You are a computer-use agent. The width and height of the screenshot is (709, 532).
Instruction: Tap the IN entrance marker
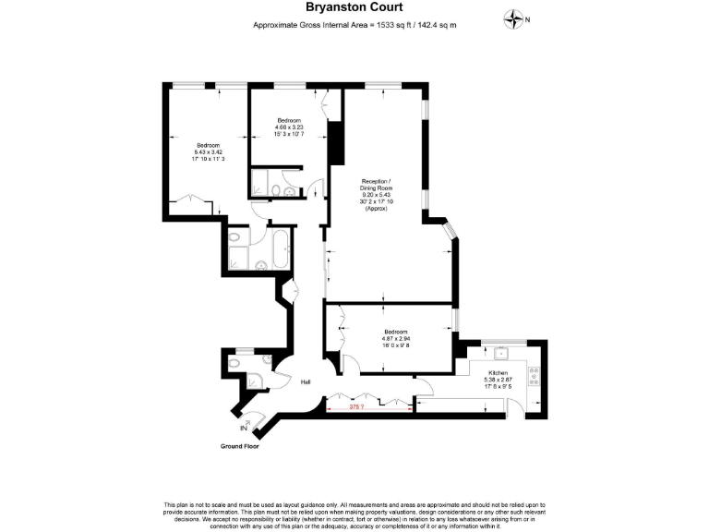pyautogui.click(x=244, y=429)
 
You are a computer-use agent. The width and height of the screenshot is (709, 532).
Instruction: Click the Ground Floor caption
pyautogui.click(x=239, y=446)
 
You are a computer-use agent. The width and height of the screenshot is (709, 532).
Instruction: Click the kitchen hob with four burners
pyautogui.click(x=533, y=375)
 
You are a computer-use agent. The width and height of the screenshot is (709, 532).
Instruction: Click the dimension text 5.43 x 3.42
pyautogui.click(x=208, y=151)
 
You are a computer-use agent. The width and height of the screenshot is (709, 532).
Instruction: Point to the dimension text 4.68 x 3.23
pyautogui.click(x=290, y=127)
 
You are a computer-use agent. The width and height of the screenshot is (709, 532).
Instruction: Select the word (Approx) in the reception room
pyautogui.click(x=375, y=210)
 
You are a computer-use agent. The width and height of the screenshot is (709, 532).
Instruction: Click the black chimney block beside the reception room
pyautogui.click(x=336, y=137)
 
